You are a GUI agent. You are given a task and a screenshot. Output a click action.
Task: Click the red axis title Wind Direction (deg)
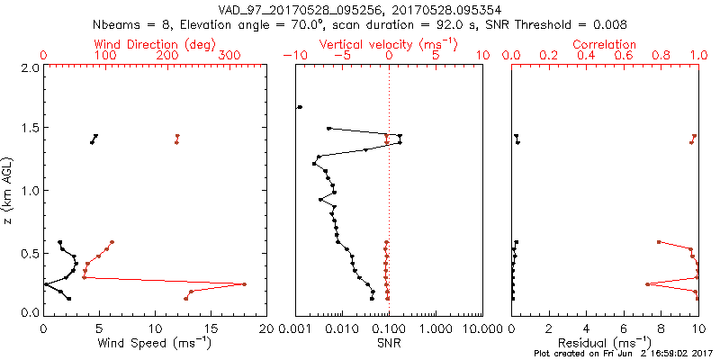(154, 44)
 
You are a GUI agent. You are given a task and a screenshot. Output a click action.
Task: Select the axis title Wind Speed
(154, 343)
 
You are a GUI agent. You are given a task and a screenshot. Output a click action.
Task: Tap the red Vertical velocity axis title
(388, 44)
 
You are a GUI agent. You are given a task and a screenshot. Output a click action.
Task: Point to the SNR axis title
(388, 343)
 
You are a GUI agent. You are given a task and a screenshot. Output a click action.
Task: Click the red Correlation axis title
(605, 44)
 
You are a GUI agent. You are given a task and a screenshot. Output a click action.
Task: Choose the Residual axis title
(605, 343)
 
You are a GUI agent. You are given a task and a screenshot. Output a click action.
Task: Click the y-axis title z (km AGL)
(8, 190)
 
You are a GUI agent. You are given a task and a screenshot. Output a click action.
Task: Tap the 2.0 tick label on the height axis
(30, 67)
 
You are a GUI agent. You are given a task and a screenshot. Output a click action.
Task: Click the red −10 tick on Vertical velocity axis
(293, 56)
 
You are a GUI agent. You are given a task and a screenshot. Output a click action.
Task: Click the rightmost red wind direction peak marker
(244, 284)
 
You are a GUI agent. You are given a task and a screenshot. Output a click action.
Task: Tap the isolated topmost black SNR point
(300, 107)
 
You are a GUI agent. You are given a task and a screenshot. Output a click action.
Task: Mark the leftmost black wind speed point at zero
(45, 284)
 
